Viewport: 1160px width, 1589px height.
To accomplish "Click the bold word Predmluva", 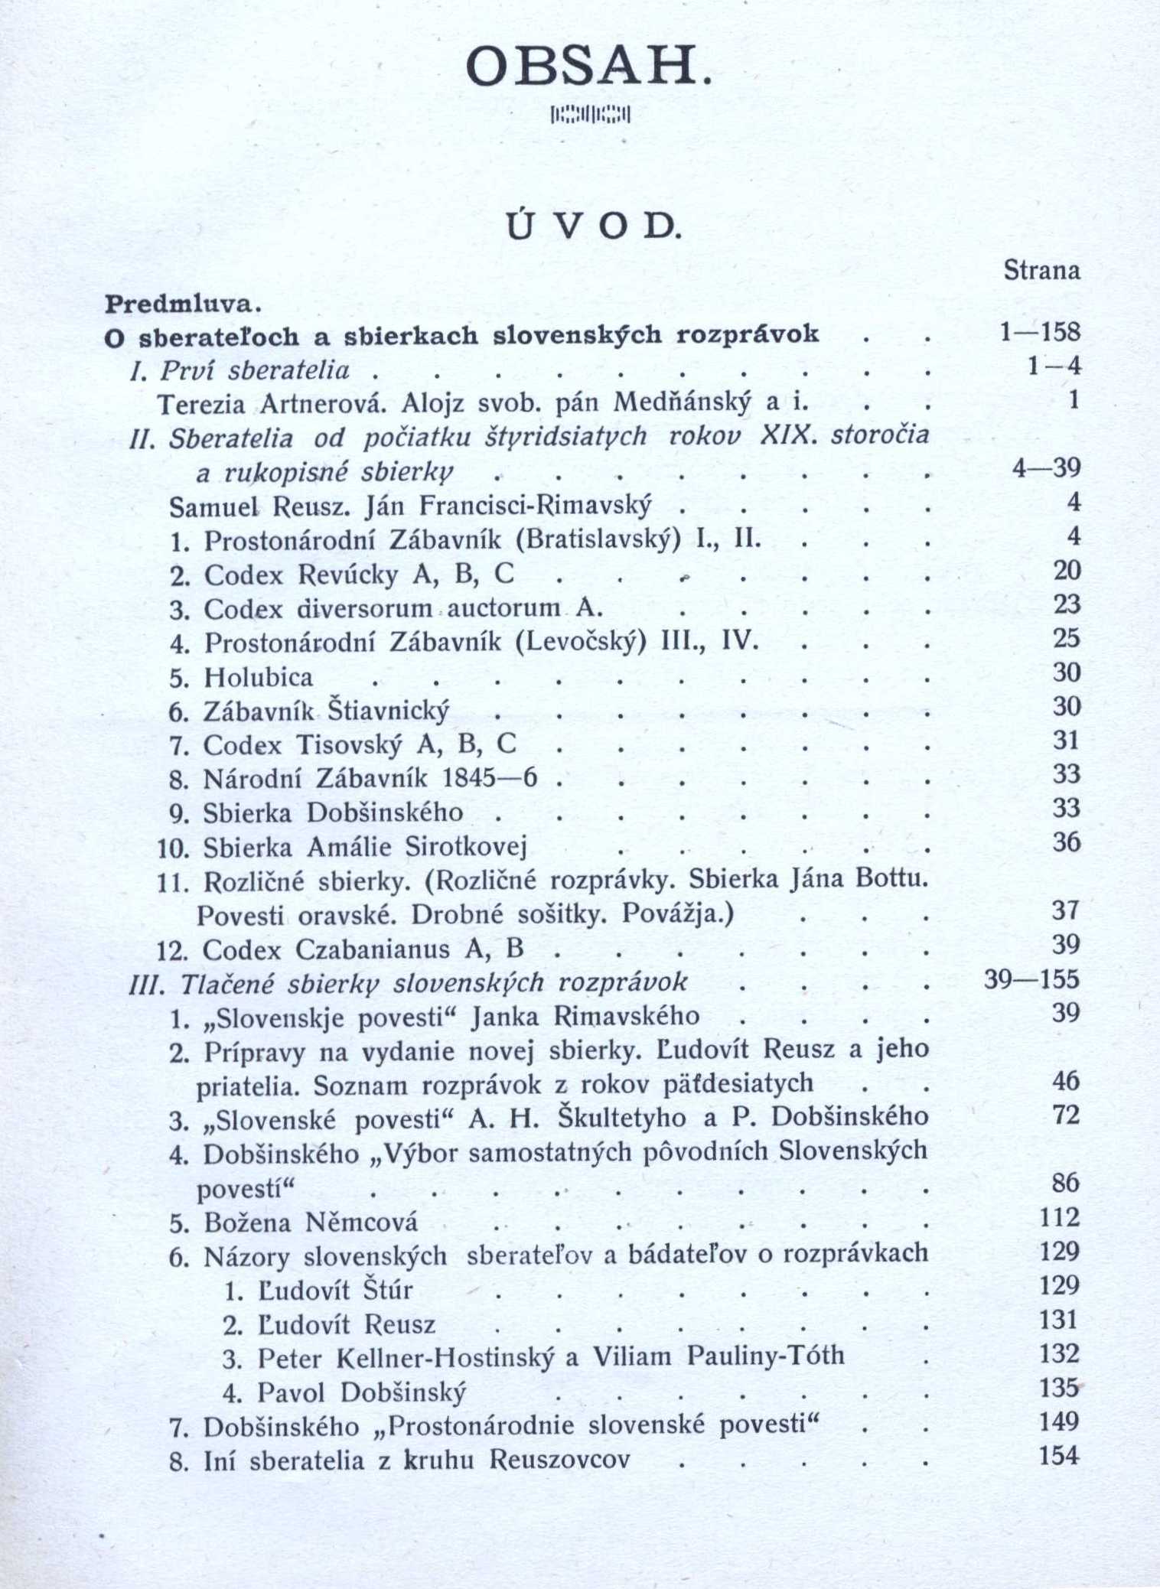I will point(182,304).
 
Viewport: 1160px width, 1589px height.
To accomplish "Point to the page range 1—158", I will point(1039,332).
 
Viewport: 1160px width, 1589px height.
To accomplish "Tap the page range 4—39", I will point(1045,467).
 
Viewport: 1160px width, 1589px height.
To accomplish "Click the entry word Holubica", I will point(259,677).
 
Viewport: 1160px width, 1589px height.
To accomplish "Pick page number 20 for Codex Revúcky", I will point(1066,570).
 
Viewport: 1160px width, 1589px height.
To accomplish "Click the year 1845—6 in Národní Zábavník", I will point(490,778).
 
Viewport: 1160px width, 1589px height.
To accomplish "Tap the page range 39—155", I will point(1031,979).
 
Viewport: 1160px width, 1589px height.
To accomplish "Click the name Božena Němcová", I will point(311,1222).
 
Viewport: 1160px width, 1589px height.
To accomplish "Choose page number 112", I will point(1059,1216).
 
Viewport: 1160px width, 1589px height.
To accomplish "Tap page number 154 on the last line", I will point(1059,1454).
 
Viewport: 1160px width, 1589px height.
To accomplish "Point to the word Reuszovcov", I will point(559,1460).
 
